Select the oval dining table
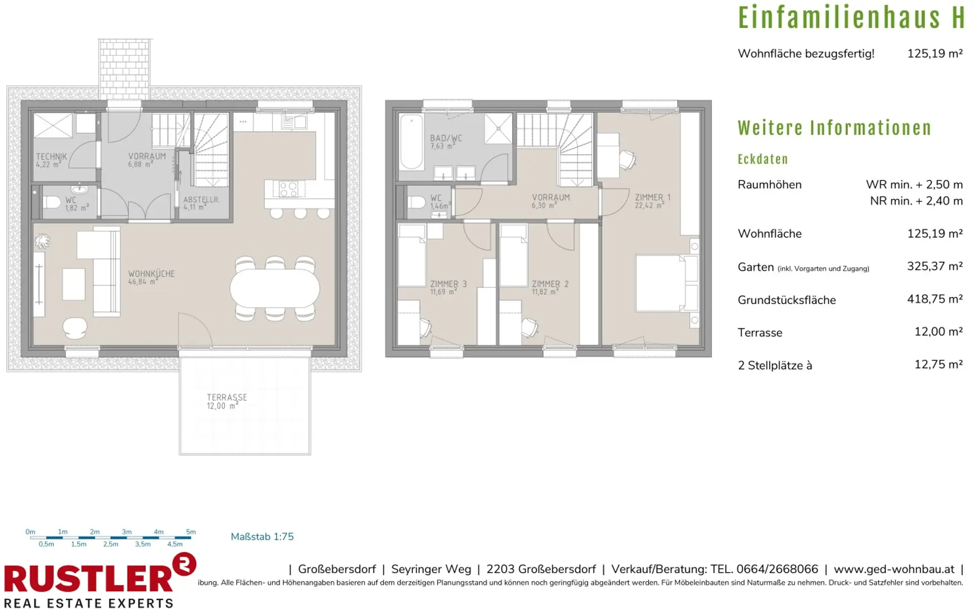click(274, 288)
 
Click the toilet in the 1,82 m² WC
click(52, 202)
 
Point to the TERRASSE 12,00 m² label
click(227, 401)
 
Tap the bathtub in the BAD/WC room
click(411, 142)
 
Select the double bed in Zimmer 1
click(667, 283)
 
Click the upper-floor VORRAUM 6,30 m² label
click(550, 201)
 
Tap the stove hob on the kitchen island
click(288, 189)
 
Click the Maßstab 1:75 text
click(262, 536)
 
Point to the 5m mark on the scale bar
click(191, 532)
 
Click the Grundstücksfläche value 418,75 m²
click(935, 299)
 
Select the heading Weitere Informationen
click(834, 128)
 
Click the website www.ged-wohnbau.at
click(894, 569)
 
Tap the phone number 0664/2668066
click(777, 569)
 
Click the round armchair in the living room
click(75, 328)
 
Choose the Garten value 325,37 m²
click(935, 266)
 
